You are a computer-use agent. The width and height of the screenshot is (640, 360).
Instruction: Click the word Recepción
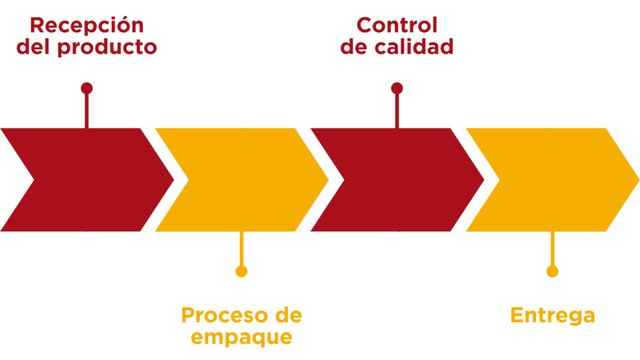[86, 26]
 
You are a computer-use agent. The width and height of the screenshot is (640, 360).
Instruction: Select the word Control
[396, 26]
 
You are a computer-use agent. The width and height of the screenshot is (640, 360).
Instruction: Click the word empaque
[241, 337]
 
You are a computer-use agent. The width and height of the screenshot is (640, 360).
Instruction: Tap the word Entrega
[552, 316]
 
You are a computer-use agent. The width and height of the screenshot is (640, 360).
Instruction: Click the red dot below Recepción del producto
[86, 89]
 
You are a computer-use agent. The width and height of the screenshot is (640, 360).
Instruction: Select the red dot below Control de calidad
[397, 89]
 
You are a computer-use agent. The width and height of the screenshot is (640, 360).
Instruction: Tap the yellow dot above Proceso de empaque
[241, 271]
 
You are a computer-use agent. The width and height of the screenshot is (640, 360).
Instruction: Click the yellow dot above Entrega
[552, 271]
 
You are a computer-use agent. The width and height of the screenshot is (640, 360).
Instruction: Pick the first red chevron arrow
[87, 179]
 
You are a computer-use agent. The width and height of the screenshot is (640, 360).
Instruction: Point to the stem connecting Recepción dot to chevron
[86, 111]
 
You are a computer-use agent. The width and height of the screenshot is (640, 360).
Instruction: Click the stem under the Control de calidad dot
[397, 111]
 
